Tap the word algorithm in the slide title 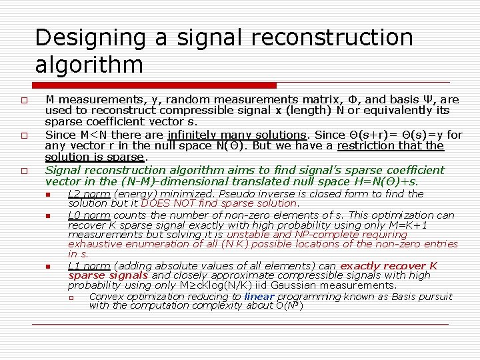(x=89, y=65)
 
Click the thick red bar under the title (x=155, y=85)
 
